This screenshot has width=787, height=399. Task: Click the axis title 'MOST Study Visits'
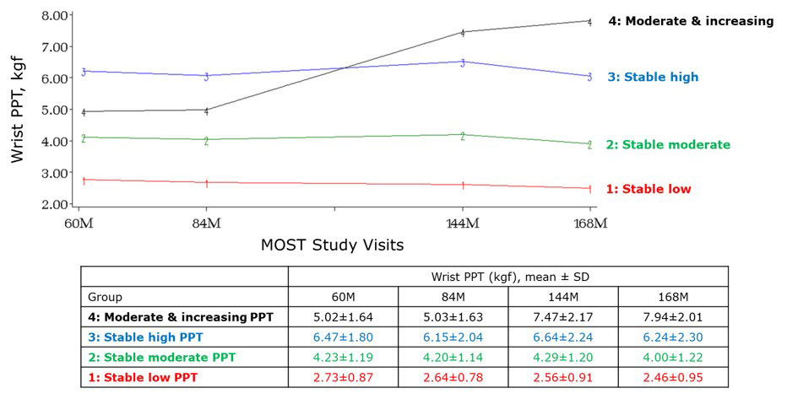point(332,246)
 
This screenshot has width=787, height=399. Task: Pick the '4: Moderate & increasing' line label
point(691,21)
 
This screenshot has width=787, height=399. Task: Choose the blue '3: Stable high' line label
point(653,77)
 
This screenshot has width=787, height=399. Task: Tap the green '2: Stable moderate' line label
point(668,144)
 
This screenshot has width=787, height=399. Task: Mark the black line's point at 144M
point(463,33)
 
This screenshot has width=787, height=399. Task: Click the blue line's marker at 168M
point(589,77)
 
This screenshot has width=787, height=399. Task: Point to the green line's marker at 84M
point(206,141)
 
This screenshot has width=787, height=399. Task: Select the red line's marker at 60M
point(84,181)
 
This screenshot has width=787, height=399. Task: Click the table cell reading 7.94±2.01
point(673,316)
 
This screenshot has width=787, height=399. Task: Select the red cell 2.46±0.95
point(673,376)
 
